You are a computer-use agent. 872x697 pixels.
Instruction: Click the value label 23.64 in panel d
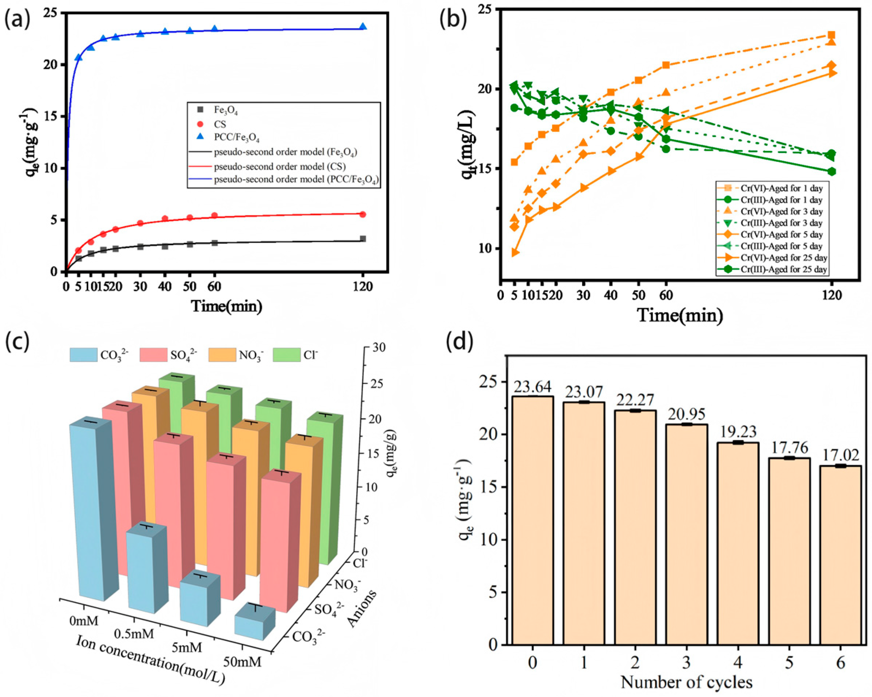coord(532,387)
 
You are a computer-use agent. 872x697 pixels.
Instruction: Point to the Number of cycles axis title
coord(686,682)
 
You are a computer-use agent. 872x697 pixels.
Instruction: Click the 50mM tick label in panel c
coord(243,662)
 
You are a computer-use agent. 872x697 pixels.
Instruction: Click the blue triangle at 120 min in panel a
coord(363,27)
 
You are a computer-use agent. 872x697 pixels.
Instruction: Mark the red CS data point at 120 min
coord(363,214)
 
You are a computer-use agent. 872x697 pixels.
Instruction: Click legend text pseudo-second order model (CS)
coord(279,166)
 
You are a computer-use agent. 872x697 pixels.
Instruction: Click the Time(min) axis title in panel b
coord(680,315)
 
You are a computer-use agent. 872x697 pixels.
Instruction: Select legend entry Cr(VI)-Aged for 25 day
coord(783,257)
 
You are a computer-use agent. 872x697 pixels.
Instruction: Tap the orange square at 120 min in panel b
coord(831,35)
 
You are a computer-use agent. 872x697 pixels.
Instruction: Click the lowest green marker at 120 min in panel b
coord(831,171)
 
